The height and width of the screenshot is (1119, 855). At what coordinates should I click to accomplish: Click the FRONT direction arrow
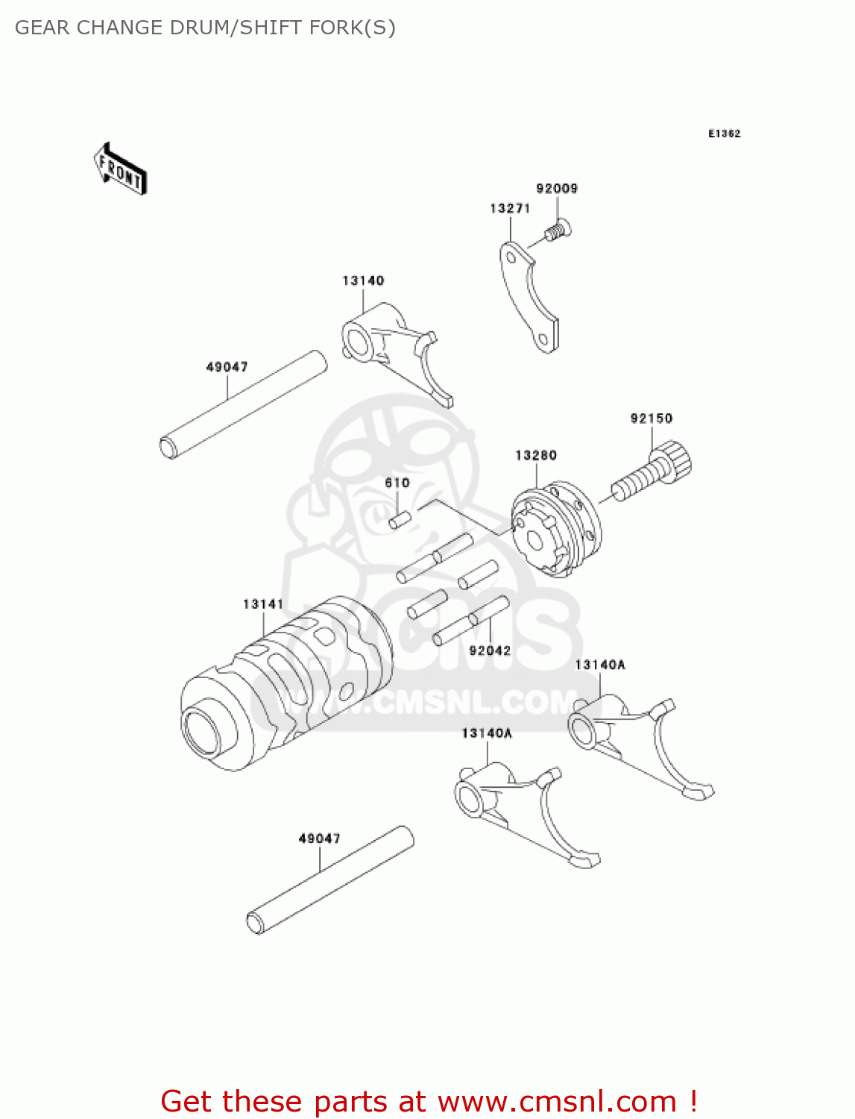click(x=120, y=169)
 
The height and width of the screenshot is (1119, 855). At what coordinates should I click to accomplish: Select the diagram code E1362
click(x=724, y=134)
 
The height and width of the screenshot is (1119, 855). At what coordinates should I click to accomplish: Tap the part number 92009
click(x=557, y=189)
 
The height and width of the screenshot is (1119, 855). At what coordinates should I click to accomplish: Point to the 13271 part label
click(x=510, y=209)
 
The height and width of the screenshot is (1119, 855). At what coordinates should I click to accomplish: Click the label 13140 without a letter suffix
click(x=363, y=281)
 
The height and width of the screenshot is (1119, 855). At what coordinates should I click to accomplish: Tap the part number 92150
click(x=651, y=419)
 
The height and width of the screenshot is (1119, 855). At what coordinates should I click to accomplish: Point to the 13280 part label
click(x=536, y=455)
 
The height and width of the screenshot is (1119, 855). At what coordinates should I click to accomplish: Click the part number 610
click(x=397, y=483)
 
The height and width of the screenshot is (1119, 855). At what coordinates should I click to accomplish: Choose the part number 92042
click(x=490, y=651)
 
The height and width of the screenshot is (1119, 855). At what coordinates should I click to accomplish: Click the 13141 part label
click(x=263, y=604)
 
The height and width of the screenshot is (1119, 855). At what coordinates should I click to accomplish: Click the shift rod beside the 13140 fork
click(x=244, y=404)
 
